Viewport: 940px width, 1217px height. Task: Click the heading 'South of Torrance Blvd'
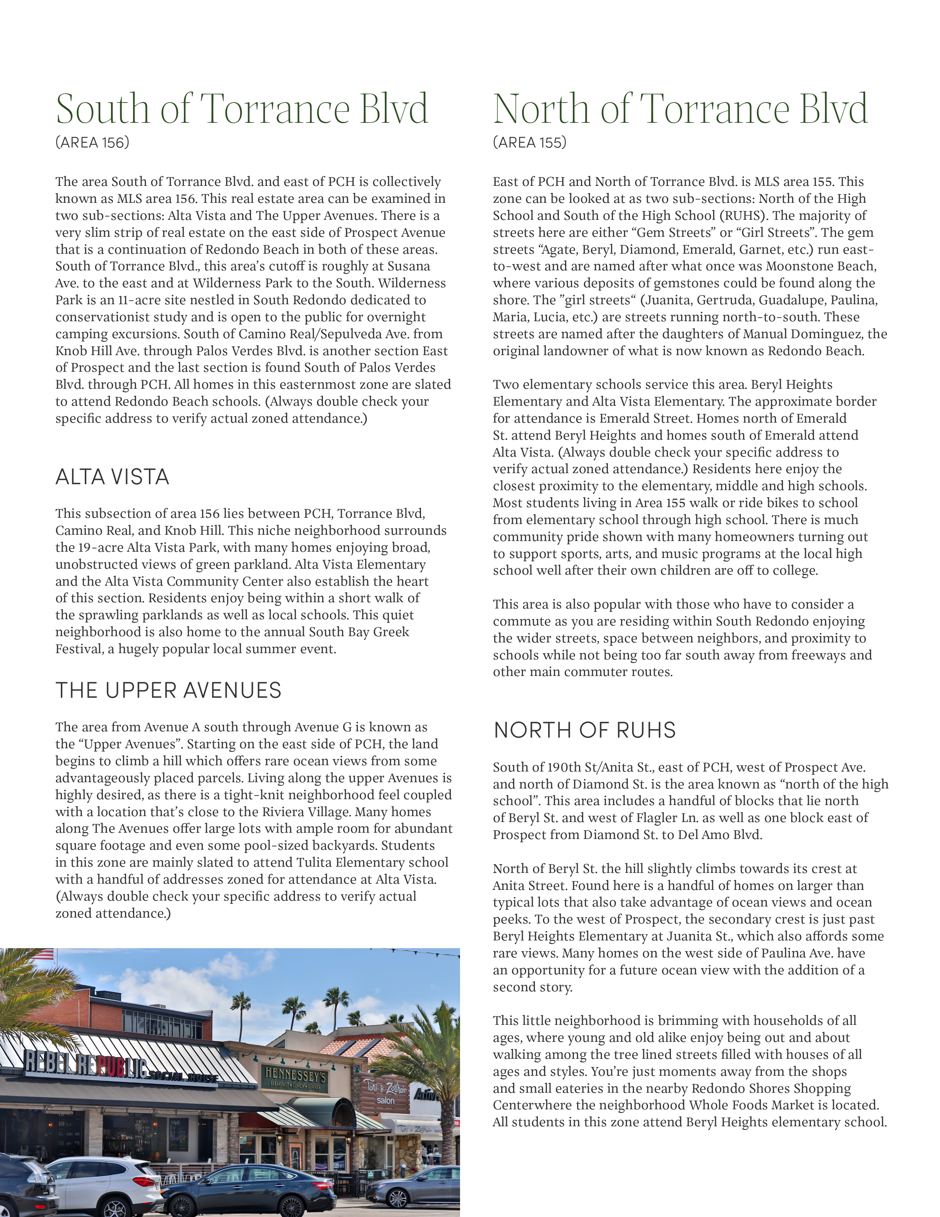[x=242, y=109]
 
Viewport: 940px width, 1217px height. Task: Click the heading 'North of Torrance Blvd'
[x=680, y=109]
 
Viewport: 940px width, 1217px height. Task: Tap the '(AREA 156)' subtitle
[x=93, y=143]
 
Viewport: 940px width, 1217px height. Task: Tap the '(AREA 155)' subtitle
[x=530, y=143]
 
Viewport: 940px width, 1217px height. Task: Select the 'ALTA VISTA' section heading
[x=112, y=477]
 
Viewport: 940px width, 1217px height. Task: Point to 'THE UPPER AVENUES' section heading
[x=168, y=690]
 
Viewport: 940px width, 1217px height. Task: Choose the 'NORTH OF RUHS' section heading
[x=585, y=730]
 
